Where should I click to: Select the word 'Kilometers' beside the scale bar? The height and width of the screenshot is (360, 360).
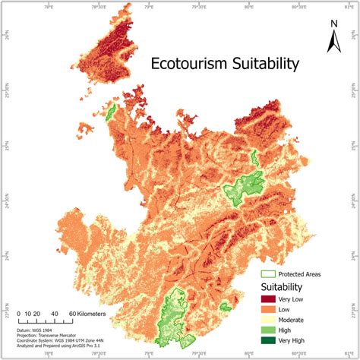tap(88, 313)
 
